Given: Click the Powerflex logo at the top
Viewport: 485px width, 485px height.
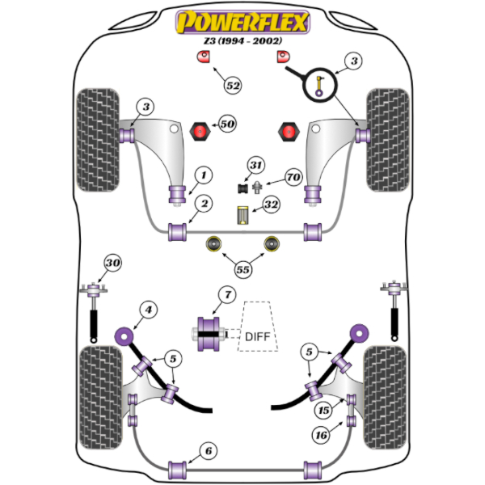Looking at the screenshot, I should [242, 21].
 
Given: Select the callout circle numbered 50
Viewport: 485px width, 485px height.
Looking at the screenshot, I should [227, 124].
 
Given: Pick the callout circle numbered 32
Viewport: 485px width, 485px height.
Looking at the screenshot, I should [270, 206].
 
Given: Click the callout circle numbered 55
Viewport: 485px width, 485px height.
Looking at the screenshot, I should [243, 270].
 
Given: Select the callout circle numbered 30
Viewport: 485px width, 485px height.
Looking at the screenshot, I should [113, 264].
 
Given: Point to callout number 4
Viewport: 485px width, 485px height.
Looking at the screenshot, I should [147, 308].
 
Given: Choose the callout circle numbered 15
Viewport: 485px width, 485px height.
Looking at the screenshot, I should [323, 410].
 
